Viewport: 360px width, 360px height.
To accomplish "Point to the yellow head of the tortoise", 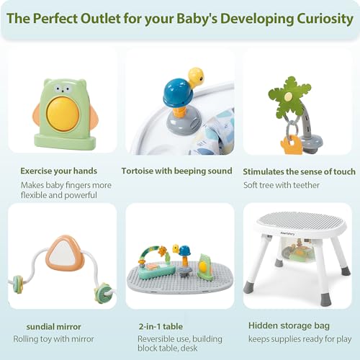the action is click(196, 76).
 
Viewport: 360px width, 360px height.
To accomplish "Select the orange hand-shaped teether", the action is click(291, 144).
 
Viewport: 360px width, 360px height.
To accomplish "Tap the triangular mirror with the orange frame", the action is click(65, 253).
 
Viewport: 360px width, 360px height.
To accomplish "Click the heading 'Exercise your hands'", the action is click(59, 171).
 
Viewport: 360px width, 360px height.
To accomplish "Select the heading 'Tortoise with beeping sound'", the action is click(176, 171).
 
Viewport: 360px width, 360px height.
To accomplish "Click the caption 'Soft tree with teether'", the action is click(282, 185).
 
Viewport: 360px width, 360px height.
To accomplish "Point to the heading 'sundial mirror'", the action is click(53, 327).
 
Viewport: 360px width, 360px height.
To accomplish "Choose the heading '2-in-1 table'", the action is click(161, 326).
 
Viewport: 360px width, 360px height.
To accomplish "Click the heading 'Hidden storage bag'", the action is click(289, 325).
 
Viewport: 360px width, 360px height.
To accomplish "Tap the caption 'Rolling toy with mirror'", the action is click(53, 339).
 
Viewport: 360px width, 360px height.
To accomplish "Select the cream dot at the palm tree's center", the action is click(288, 96).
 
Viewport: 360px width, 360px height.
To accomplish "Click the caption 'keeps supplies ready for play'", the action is click(300, 339).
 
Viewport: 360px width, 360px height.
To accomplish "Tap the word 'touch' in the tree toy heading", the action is click(343, 171).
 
